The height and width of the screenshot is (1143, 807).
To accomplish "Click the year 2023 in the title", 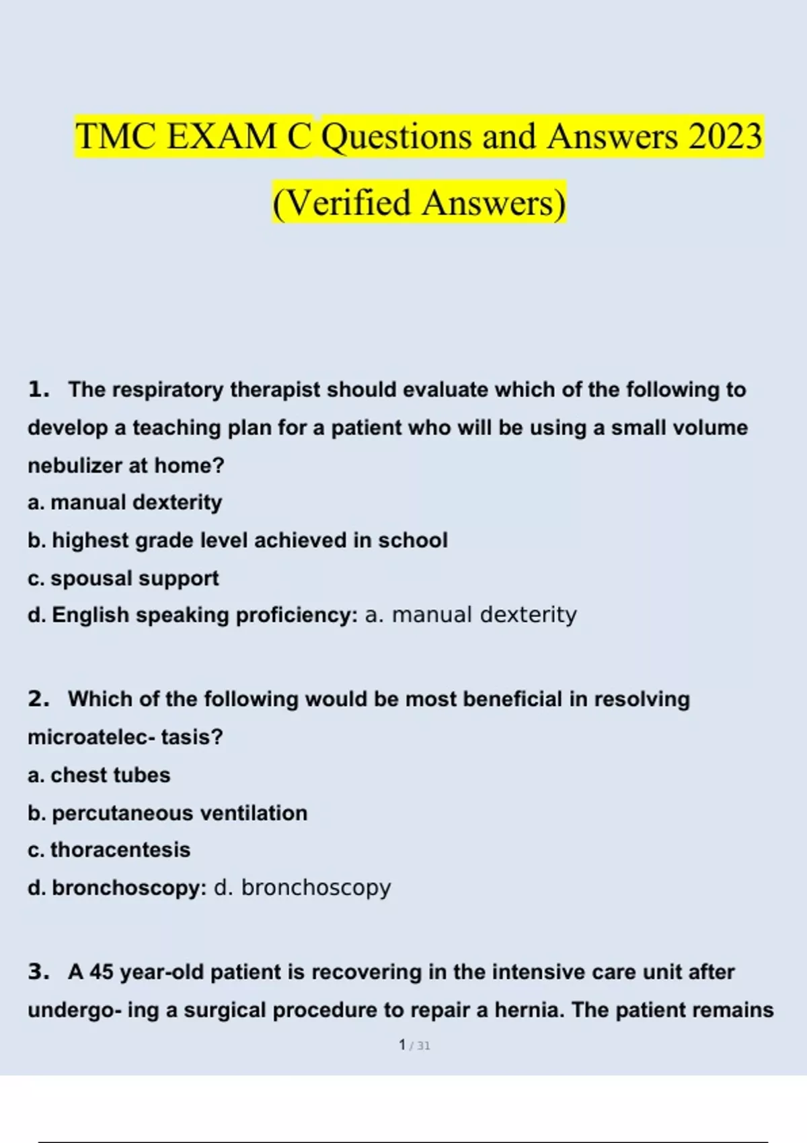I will (724, 136).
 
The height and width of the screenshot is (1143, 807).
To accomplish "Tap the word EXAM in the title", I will (221, 136).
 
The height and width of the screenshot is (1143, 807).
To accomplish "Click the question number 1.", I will (38, 390).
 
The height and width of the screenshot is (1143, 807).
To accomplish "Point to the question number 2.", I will (38, 699).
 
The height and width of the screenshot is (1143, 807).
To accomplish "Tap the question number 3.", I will (38, 972).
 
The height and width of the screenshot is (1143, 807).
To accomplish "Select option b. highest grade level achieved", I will (237, 541).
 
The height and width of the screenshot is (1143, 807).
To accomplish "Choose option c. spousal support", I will (123, 578).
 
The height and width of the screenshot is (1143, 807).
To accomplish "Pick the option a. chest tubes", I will (99, 775).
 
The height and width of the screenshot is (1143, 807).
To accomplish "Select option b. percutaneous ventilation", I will (167, 814).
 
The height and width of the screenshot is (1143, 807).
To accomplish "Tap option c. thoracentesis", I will (109, 851).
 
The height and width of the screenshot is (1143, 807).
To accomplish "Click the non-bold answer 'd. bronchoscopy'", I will (302, 888).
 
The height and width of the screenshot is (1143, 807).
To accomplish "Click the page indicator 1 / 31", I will (414, 1046).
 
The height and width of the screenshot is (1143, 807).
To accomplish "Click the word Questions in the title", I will (397, 136).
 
